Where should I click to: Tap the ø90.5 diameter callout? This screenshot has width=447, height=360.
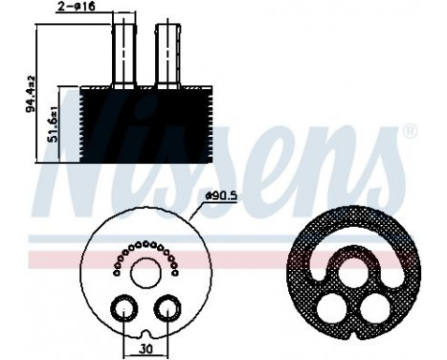tap(220, 198)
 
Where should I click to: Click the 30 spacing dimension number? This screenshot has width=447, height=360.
tap(146, 348)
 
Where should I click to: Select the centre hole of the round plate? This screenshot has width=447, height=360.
tap(146, 272)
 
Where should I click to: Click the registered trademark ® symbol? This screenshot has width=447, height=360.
tap(409, 129)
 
